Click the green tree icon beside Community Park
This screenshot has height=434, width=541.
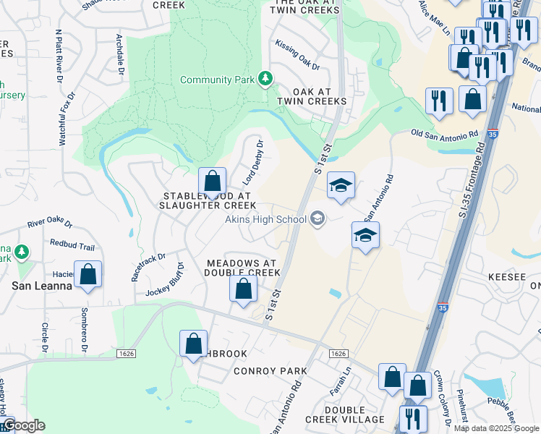pyautogui.click(x=266, y=79)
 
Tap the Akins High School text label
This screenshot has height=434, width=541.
pyautogui.click(x=265, y=218)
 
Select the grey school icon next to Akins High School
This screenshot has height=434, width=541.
pyautogui.click(x=317, y=218)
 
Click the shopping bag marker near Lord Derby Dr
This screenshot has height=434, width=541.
pyautogui.click(x=213, y=181)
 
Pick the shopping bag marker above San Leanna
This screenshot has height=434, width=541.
pyautogui.click(x=88, y=275)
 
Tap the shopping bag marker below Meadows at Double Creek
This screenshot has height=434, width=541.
pyautogui.click(x=244, y=289)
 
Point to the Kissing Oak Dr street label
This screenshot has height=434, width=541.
pyautogui.click(x=297, y=55)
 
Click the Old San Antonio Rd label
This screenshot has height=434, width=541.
pyautogui.click(x=445, y=134)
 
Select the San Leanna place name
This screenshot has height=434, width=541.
pyautogui.click(x=41, y=286)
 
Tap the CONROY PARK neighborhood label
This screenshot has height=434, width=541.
pyautogui.click(x=270, y=371)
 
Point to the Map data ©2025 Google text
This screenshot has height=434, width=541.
pyautogui.click(x=495, y=427)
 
